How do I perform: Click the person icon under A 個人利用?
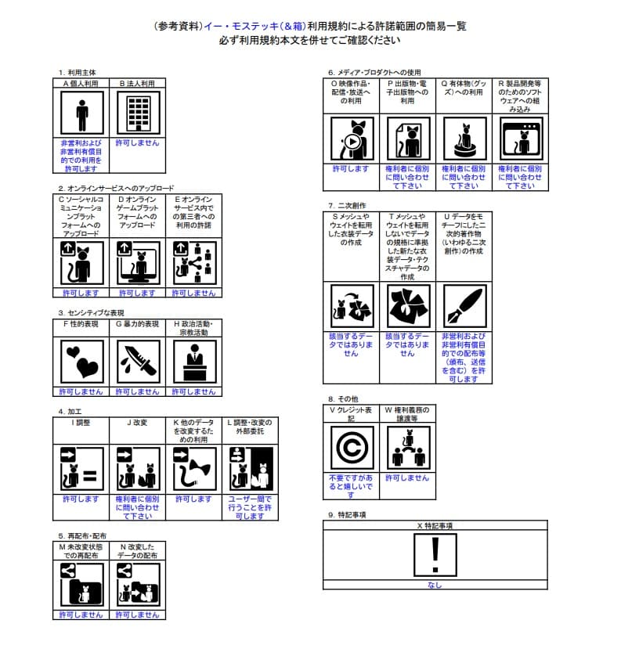point(82,113)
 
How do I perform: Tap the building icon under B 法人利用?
point(138,113)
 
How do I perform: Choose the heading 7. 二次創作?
point(348,204)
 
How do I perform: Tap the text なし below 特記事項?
point(434,585)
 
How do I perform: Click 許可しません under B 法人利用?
point(138,143)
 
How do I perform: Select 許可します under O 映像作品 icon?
point(351,168)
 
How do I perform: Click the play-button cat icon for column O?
point(352,139)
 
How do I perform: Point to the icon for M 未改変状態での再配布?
point(82,584)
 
